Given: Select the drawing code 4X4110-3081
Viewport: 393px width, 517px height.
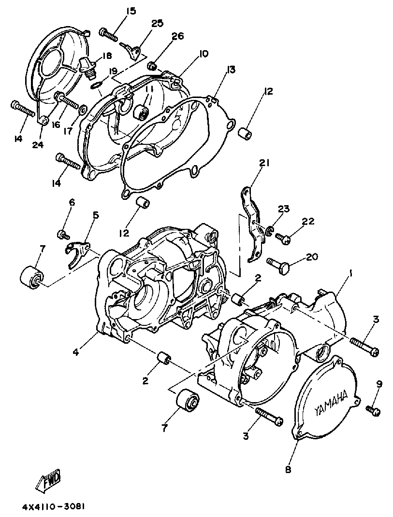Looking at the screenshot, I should (x=54, y=507).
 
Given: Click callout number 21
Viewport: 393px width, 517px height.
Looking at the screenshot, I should (x=263, y=164).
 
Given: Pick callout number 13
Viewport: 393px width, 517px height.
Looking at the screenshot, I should (x=231, y=70).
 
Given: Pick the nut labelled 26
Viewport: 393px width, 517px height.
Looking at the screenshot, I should (x=152, y=64).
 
